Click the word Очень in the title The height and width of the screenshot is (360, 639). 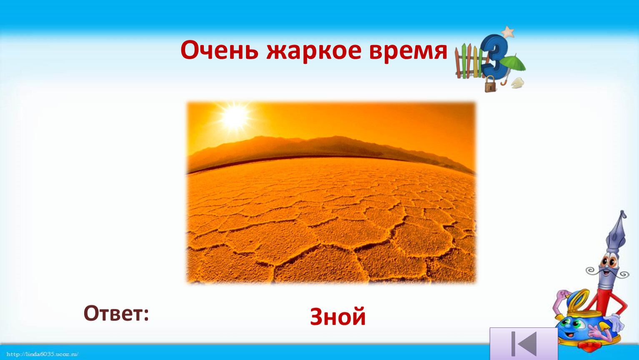(x=219, y=50)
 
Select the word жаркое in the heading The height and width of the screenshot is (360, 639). (x=314, y=51)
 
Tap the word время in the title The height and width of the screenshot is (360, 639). (x=408, y=51)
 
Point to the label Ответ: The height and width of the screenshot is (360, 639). (x=116, y=313)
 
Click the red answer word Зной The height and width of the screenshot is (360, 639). (x=338, y=316)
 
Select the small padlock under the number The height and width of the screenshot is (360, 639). (x=490, y=84)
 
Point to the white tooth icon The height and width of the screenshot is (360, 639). (x=517, y=83)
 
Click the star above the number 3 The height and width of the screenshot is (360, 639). (x=508, y=32)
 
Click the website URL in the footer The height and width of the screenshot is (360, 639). (x=42, y=354)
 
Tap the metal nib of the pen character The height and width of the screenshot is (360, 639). (x=618, y=232)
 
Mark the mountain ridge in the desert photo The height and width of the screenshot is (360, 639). (x=331, y=151)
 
